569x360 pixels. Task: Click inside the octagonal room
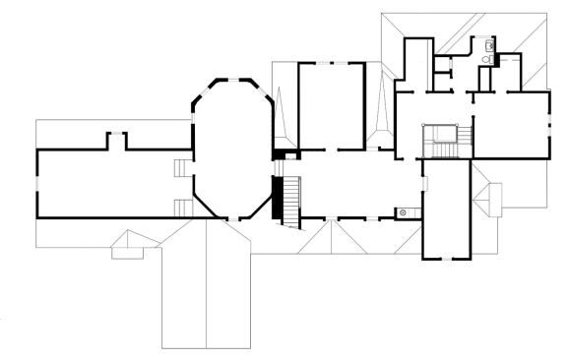pyautogui.click(x=231, y=148)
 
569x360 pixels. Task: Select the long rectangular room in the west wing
pyautogui.click(x=108, y=184)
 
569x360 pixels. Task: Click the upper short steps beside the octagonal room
pyautogui.click(x=182, y=168)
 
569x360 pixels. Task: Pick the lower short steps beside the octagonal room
pyautogui.click(x=182, y=206)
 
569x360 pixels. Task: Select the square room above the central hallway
pyautogui.click(x=332, y=106)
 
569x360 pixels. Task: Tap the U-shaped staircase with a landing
pyautogui.click(x=437, y=140)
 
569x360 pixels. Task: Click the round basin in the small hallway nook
pyautogui.click(x=403, y=212)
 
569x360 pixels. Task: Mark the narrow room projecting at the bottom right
pyautogui.click(x=445, y=211)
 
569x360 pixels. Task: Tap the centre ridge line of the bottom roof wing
pyautogui.click(x=206, y=285)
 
